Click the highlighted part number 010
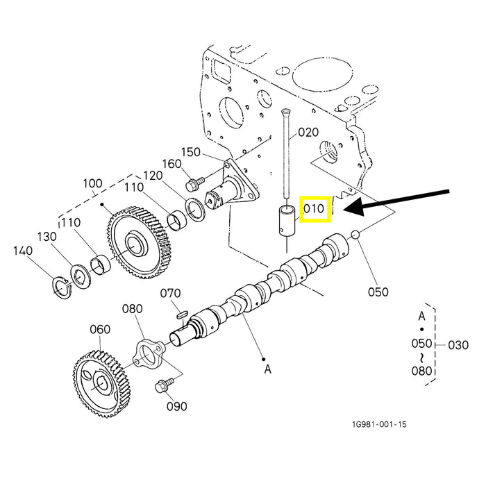(x=313, y=209)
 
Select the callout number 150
(x=191, y=152)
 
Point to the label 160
(x=171, y=165)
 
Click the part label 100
(x=92, y=184)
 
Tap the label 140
(x=23, y=251)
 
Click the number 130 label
(x=47, y=237)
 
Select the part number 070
(x=171, y=293)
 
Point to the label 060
(x=100, y=329)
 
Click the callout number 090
(x=176, y=405)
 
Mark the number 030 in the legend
(x=459, y=344)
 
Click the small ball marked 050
(x=355, y=235)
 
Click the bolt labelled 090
(x=165, y=383)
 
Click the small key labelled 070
(x=182, y=314)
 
